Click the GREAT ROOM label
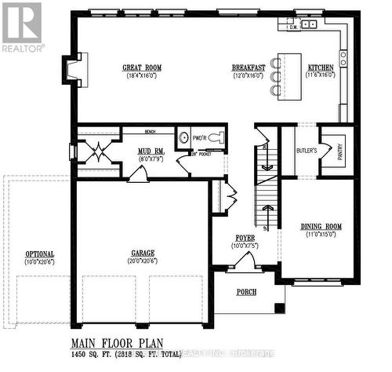click(142, 67)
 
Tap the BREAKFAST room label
click(248, 67)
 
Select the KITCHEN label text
click(320, 67)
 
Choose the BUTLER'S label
click(307, 150)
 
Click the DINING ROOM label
click(319, 227)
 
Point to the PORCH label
click(246, 293)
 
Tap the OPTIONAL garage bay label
click(39, 254)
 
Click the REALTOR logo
click(21, 27)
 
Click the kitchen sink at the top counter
click(309, 24)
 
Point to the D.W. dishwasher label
click(294, 27)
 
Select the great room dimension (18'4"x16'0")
click(142, 76)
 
